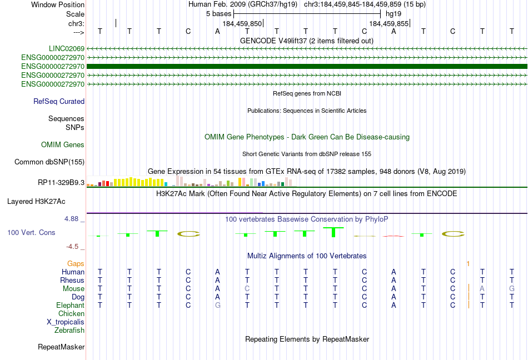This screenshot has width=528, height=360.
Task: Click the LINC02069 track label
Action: (67, 49)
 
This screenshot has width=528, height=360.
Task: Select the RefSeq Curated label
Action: (59, 101)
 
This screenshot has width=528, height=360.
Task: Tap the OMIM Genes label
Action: (63, 144)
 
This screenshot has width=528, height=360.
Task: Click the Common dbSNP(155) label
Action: (49, 162)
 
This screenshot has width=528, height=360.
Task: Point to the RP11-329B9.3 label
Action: (61, 183)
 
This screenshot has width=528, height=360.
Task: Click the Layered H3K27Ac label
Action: (36, 202)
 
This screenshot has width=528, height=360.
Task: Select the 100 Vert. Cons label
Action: (31, 232)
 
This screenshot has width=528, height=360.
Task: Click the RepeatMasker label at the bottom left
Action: (61, 347)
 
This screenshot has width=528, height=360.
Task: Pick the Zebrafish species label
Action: (69, 331)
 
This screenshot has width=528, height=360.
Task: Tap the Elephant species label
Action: (71, 306)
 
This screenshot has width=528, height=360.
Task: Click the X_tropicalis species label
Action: (66, 322)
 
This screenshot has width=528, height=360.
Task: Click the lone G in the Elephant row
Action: (217, 306)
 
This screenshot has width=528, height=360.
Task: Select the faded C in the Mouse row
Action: (247, 289)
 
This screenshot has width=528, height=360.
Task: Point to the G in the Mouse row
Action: (512, 289)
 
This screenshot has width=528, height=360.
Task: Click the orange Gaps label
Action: (76, 264)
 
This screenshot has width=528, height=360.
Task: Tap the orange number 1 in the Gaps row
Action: (468, 264)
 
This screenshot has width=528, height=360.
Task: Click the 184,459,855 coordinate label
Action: (388, 23)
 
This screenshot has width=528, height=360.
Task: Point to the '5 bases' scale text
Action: (219, 14)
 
